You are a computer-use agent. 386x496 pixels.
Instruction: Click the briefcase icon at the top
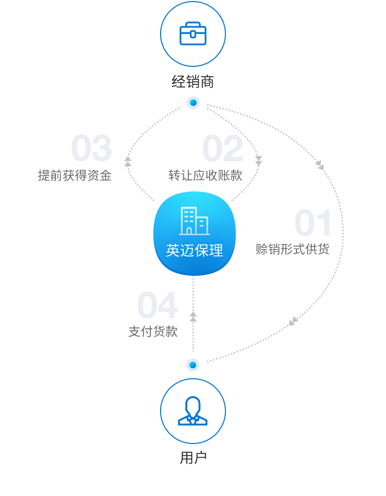[193, 33]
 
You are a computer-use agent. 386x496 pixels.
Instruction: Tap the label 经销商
[193, 82]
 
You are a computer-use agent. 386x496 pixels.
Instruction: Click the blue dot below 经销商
[193, 103]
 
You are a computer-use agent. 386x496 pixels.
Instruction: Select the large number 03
[92, 148]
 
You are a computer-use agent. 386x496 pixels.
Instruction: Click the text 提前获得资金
[75, 175]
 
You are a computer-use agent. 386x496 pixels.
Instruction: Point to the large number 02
[222, 148]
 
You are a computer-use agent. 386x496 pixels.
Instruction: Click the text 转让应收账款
[205, 175]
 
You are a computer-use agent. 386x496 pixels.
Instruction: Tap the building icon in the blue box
[194, 221]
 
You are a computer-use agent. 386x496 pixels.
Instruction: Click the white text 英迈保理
[194, 250]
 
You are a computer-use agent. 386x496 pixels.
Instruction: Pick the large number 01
[312, 223]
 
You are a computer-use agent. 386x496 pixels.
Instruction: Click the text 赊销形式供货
[292, 249]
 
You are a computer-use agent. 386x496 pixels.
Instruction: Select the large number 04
[157, 305]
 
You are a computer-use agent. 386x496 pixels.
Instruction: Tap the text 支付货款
[153, 331]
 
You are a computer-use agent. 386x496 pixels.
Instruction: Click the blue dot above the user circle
[192, 365]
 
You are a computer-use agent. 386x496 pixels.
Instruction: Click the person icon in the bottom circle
[192, 411]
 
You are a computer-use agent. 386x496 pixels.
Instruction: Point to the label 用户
[193, 458]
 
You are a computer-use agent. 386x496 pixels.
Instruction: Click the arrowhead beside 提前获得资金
[128, 162]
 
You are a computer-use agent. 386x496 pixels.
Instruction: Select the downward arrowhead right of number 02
[258, 161]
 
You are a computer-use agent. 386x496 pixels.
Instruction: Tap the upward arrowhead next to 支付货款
[193, 316]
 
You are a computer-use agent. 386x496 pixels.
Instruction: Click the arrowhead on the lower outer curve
[293, 321]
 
